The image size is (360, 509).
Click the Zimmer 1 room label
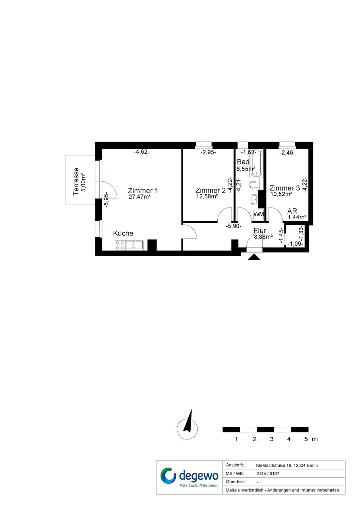143,191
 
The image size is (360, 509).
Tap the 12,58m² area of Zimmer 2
207,196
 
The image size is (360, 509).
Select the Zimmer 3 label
285,188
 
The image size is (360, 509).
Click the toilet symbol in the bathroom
254,185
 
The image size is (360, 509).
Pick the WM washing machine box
259,214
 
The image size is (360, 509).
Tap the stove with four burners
120,245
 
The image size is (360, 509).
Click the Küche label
123,233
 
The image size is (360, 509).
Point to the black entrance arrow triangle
254,257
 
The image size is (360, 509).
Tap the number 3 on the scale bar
271,439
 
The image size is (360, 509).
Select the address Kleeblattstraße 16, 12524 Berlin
287,465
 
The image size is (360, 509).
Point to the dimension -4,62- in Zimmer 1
141,152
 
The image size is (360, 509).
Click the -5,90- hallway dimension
234,226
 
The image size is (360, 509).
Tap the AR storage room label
292,211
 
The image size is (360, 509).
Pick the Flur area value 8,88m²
263,237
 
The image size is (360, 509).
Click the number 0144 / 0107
268,474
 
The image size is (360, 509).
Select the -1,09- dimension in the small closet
295,244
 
